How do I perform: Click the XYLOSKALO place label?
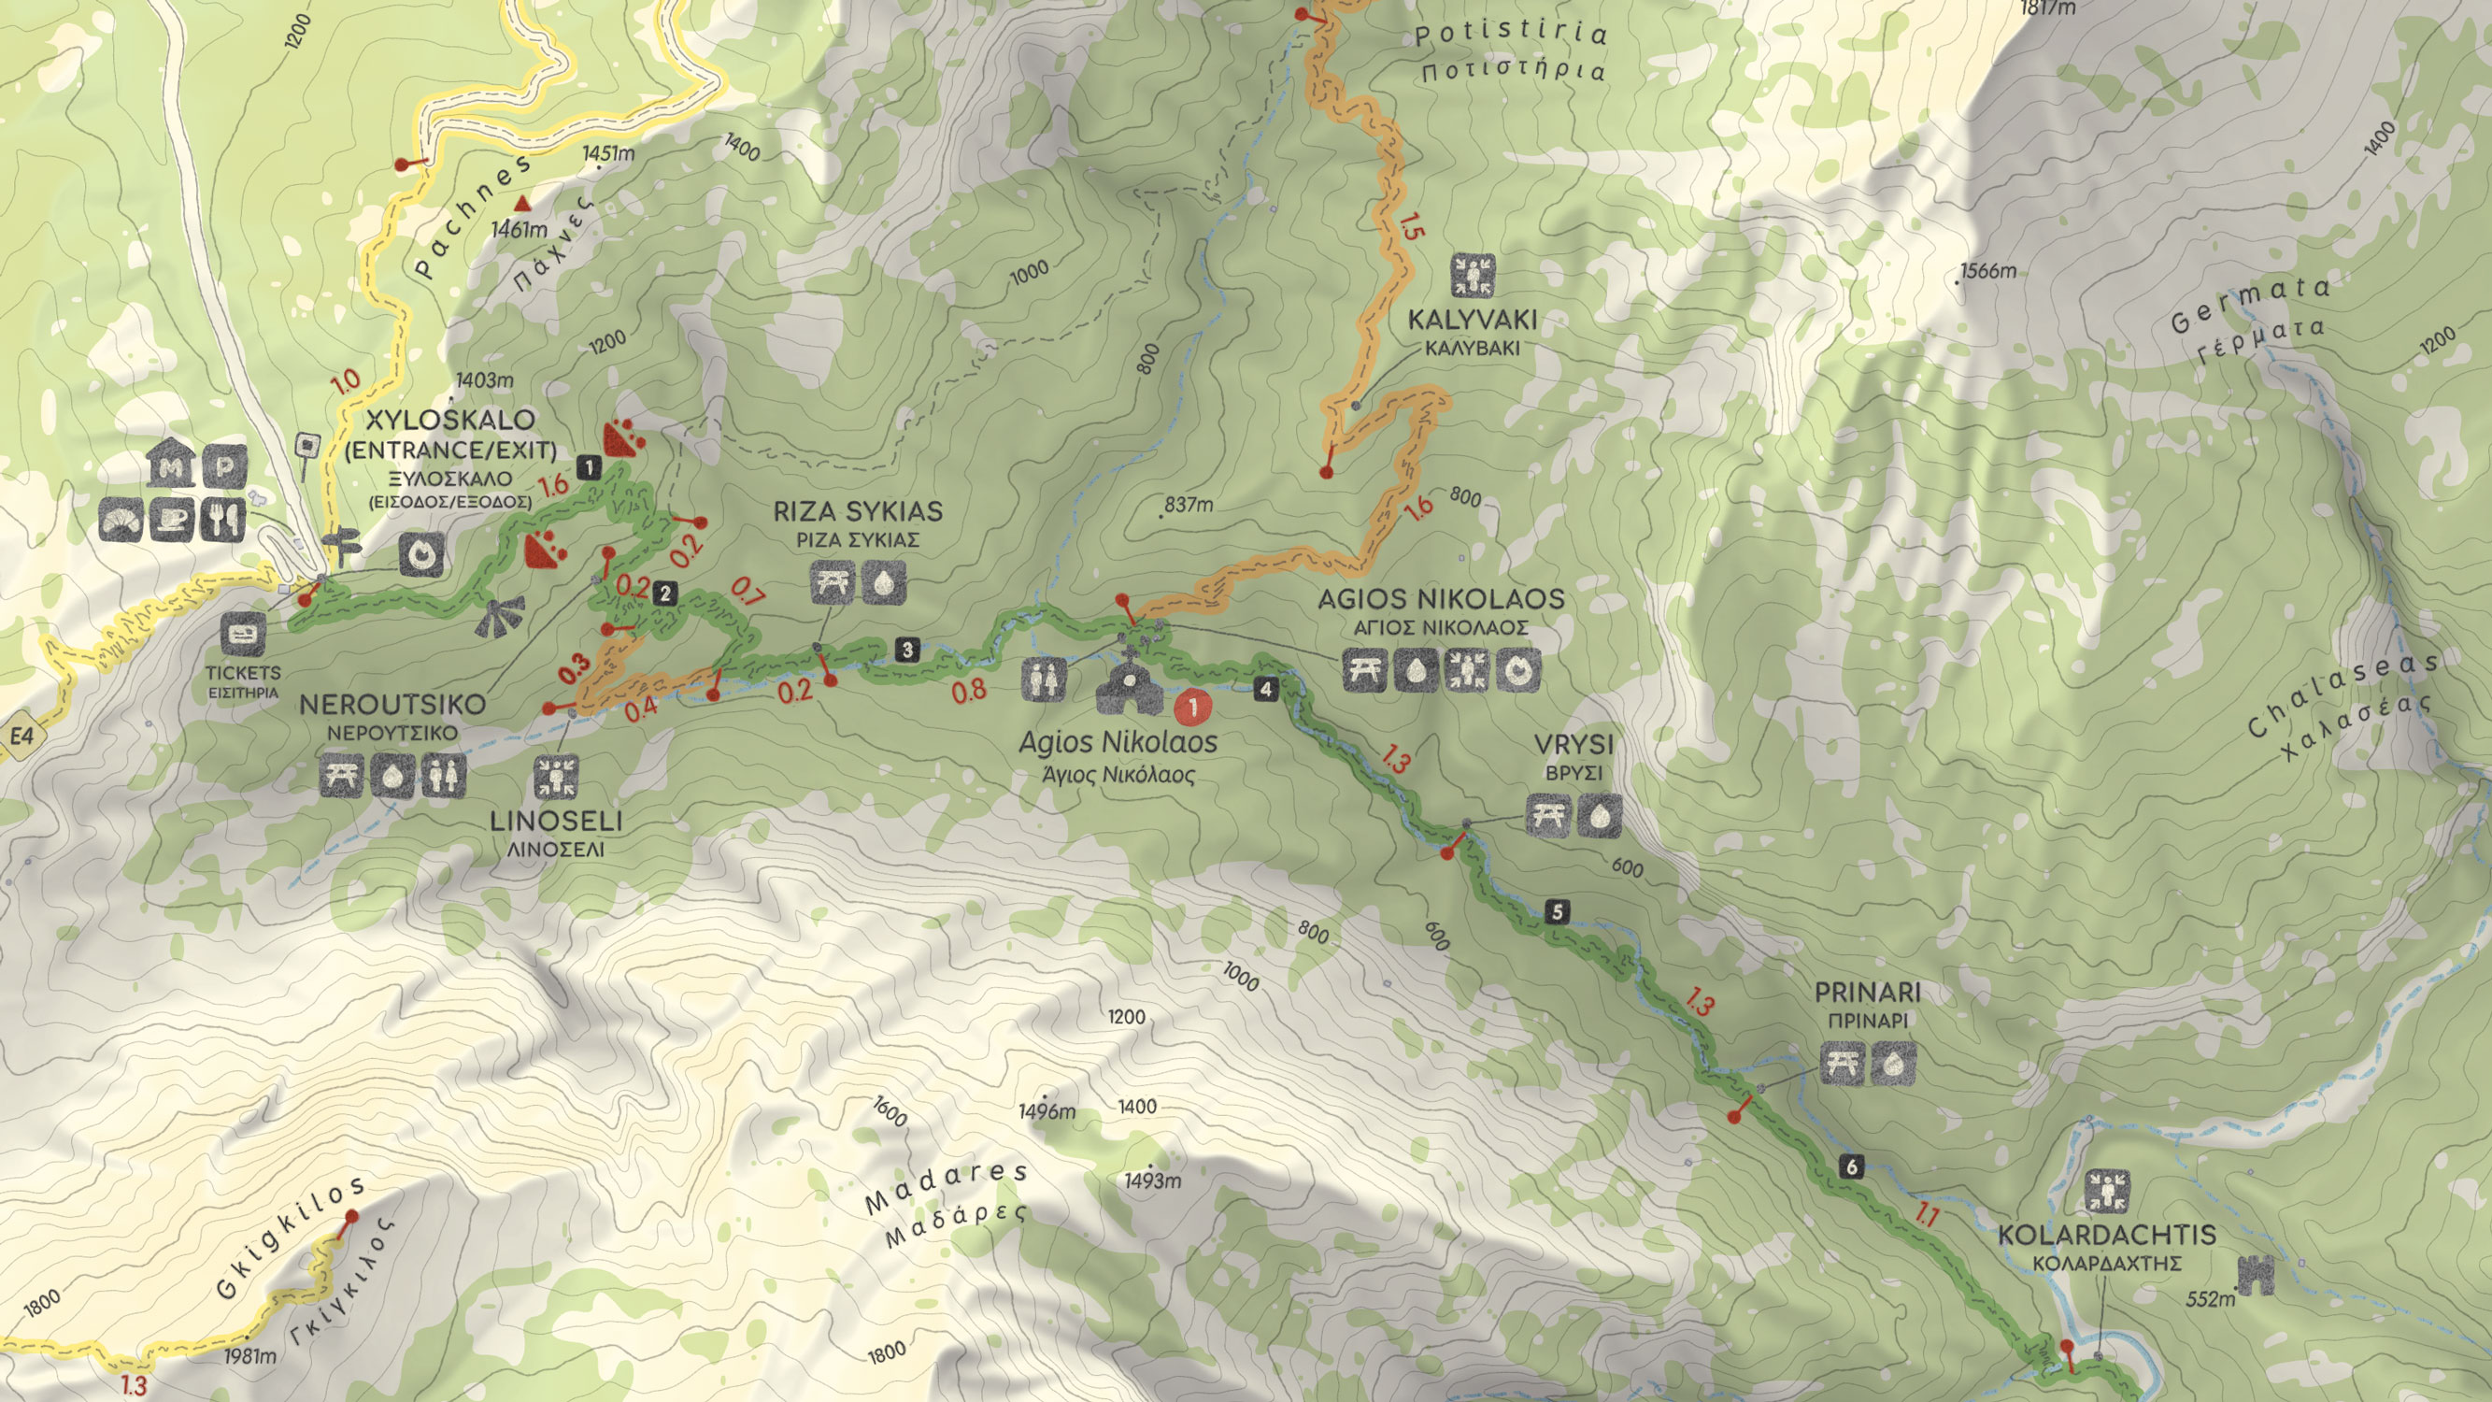(449, 420)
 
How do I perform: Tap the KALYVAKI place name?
(1472, 320)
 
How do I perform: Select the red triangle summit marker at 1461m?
(522, 203)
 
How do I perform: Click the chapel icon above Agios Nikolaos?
(1128, 685)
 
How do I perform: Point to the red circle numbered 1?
(1193, 708)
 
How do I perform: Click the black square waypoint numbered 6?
(1852, 1166)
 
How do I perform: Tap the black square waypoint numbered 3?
(906, 651)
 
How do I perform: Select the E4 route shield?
(21, 737)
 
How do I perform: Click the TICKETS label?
(243, 672)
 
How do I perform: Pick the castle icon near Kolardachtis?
(2257, 1274)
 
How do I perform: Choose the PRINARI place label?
(1867, 992)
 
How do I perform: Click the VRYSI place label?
(1574, 744)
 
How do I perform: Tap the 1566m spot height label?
(1988, 271)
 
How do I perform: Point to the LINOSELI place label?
(555, 821)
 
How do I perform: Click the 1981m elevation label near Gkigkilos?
(249, 1356)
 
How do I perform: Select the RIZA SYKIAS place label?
(857, 511)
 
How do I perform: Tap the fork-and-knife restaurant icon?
(222, 520)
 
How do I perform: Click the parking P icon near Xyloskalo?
(223, 467)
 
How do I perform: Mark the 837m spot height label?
(1188, 504)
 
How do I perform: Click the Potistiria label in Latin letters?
(1510, 35)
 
